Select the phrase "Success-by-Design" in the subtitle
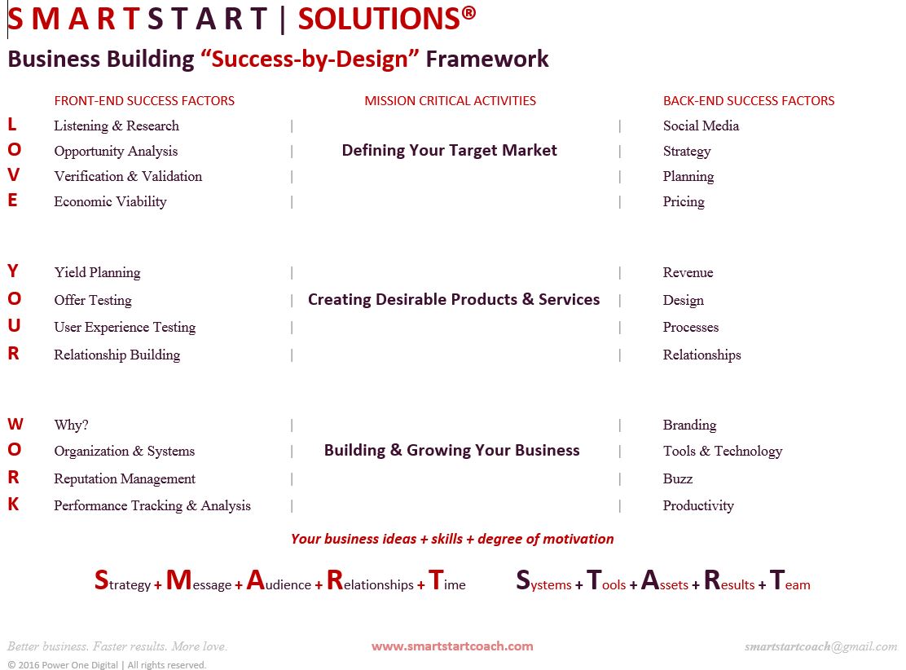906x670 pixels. pos(310,60)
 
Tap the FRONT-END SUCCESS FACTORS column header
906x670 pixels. pos(144,101)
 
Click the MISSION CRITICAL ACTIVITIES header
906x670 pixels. pos(450,101)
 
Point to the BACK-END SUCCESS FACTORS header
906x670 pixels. pos(749,101)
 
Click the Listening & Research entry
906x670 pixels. pos(117,126)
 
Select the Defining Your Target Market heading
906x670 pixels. pos(450,150)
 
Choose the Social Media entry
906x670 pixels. pos(701,126)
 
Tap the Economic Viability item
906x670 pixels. pos(110,201)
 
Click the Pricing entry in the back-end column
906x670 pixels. pos(684,201)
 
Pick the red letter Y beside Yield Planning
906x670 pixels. pos(13,271)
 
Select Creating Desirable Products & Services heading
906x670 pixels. pos(454,299)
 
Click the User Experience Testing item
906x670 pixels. pos(125,327)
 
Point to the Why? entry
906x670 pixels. pos(71,425)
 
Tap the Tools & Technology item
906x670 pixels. pos(722,451)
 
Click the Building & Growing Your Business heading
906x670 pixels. pos(452,450)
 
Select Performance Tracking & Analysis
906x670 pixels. pos(152,505)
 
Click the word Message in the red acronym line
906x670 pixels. pos(199,582)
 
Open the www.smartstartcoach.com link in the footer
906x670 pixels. pos(452,646)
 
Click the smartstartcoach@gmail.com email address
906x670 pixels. pos(820,646)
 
